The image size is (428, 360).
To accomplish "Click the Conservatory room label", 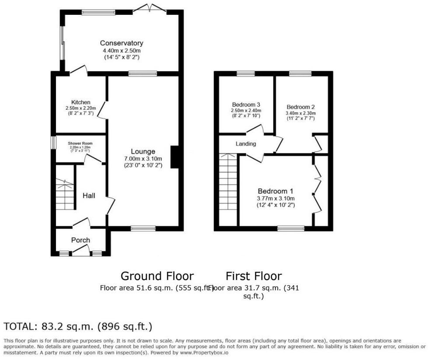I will (x=122, y=43).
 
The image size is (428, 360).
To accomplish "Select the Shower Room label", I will (x=79, y=143).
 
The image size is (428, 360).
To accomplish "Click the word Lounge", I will (x=143, y=152).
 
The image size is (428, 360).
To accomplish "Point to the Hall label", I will (x=89, y=196).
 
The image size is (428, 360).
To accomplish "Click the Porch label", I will (x=80, y=240).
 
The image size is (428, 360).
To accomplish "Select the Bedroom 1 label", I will (x=275, y=191).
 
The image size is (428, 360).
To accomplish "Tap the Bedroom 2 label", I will (x=301, y=107).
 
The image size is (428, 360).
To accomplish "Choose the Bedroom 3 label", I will (x=246, y=104).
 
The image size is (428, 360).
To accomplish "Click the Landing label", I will (x=246, y=144).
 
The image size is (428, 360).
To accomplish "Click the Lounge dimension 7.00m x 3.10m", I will (x=143, y=159).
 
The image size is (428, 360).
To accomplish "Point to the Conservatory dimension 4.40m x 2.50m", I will (x=122, y=50).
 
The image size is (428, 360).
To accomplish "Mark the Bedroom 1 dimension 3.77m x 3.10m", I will (x=275, y=198).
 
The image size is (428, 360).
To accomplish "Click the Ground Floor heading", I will (x=157, y=276).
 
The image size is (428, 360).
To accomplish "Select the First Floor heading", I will (x=254, y=276).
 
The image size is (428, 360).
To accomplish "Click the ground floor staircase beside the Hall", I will (x=65, y=195).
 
